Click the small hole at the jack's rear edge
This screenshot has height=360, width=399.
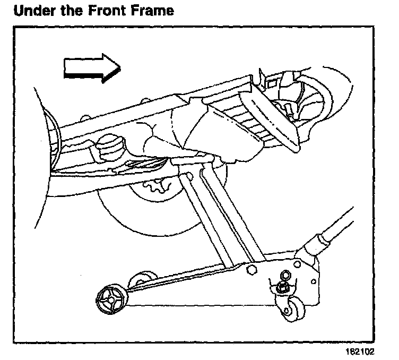tap(317, 278)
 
